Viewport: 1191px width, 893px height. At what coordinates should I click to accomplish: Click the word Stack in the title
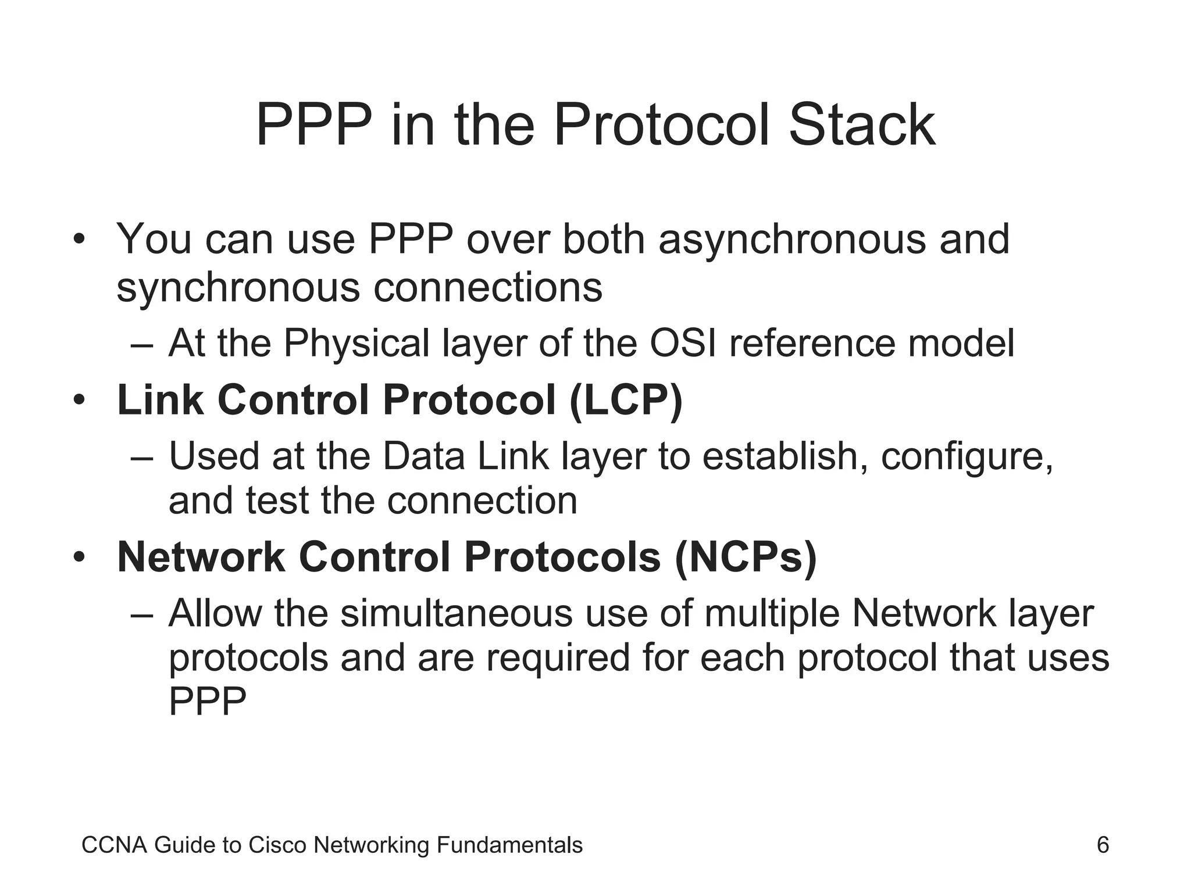click(861, 125)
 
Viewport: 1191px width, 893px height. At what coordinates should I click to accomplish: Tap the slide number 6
click(1103, 845)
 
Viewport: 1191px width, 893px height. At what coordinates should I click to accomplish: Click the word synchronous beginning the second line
click(238, 288)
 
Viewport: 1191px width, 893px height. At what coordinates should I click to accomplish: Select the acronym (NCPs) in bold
click(746, 557)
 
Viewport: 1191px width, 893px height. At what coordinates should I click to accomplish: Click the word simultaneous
click(457, 613)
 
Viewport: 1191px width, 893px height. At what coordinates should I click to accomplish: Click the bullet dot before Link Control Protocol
click(80, 401)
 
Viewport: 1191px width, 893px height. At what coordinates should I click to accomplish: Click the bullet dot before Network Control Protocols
click(80, 558)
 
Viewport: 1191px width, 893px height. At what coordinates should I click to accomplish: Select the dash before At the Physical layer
click(142, 344)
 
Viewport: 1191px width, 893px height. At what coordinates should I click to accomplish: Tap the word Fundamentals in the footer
click(509, 845)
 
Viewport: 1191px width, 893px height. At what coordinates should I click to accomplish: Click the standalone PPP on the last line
click(208, 702)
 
